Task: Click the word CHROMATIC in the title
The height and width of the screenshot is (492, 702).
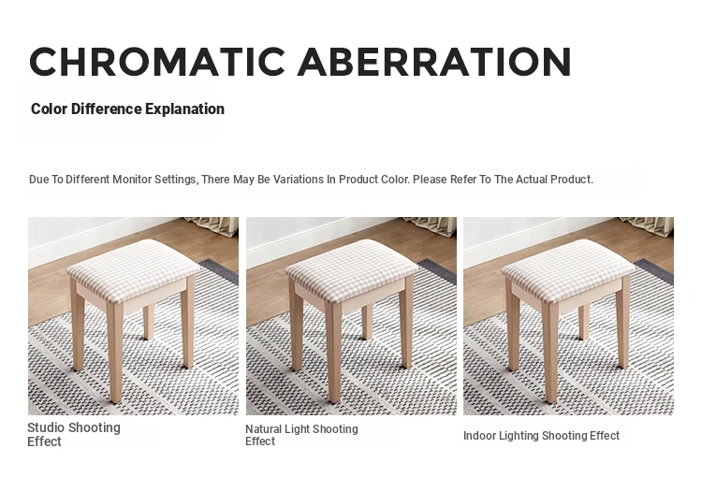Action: click(x=157, y=62)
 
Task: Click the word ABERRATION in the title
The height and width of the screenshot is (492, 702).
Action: click(x=434, y=62)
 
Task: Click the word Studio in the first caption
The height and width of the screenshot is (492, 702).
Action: click(x=46, y=427)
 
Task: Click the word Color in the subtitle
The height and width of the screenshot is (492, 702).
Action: click(x=50, y=109)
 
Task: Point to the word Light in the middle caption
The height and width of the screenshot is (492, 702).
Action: click(x=297, y=429)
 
